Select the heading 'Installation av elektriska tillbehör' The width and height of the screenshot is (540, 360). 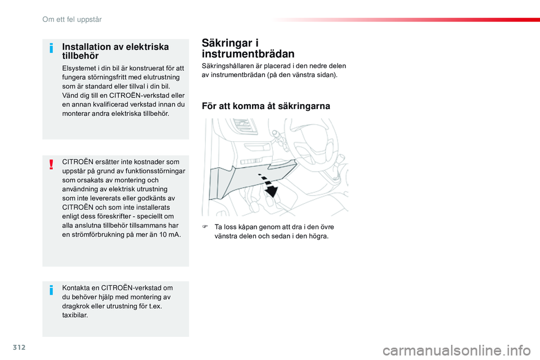coord(115,51)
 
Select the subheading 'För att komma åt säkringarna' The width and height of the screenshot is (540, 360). coord(266,106)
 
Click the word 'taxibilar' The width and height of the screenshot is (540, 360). coord(75,316)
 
